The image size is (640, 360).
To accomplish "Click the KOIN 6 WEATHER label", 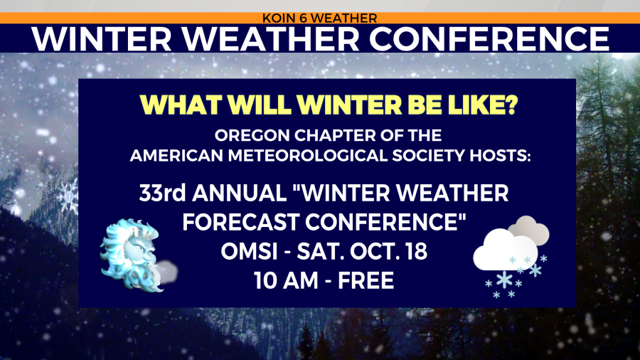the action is [319, 18].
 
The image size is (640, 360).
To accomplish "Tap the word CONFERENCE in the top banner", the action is [489, 39].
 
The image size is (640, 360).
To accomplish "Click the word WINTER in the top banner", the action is [102, 39].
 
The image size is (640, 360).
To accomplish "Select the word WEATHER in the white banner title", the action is [271, 39].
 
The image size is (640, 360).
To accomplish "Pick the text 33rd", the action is [162, 193].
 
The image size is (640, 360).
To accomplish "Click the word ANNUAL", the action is [240, 193].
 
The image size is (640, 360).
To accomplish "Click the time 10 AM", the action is [285, 280].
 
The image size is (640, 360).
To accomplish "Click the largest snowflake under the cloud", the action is [504, 280].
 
